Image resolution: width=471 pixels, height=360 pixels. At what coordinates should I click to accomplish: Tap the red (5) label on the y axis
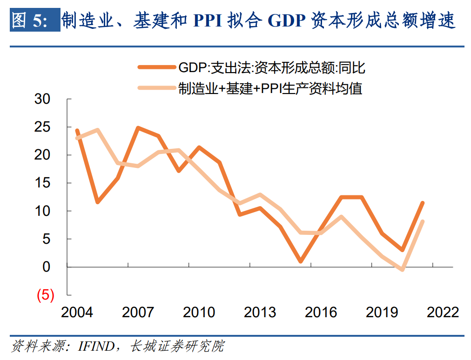coord(45,295)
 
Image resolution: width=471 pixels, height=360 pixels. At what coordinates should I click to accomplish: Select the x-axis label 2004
coord(77,312)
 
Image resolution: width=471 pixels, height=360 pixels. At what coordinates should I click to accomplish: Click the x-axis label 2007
coord(138,312)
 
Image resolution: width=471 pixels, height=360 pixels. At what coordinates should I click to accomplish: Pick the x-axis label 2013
coord(260,312)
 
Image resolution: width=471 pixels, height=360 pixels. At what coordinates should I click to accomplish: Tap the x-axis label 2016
coord(321,312)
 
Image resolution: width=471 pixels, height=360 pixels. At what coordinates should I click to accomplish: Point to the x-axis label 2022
coord(443,312)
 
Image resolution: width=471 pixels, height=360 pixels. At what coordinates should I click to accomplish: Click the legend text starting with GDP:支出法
coord(272,68)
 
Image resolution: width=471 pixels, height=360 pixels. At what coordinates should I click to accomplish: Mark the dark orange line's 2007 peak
coord(138,127)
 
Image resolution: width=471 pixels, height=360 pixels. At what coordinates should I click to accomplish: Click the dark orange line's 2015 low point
coord(301,261)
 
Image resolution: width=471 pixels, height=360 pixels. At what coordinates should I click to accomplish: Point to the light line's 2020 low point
coord(402,269)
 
